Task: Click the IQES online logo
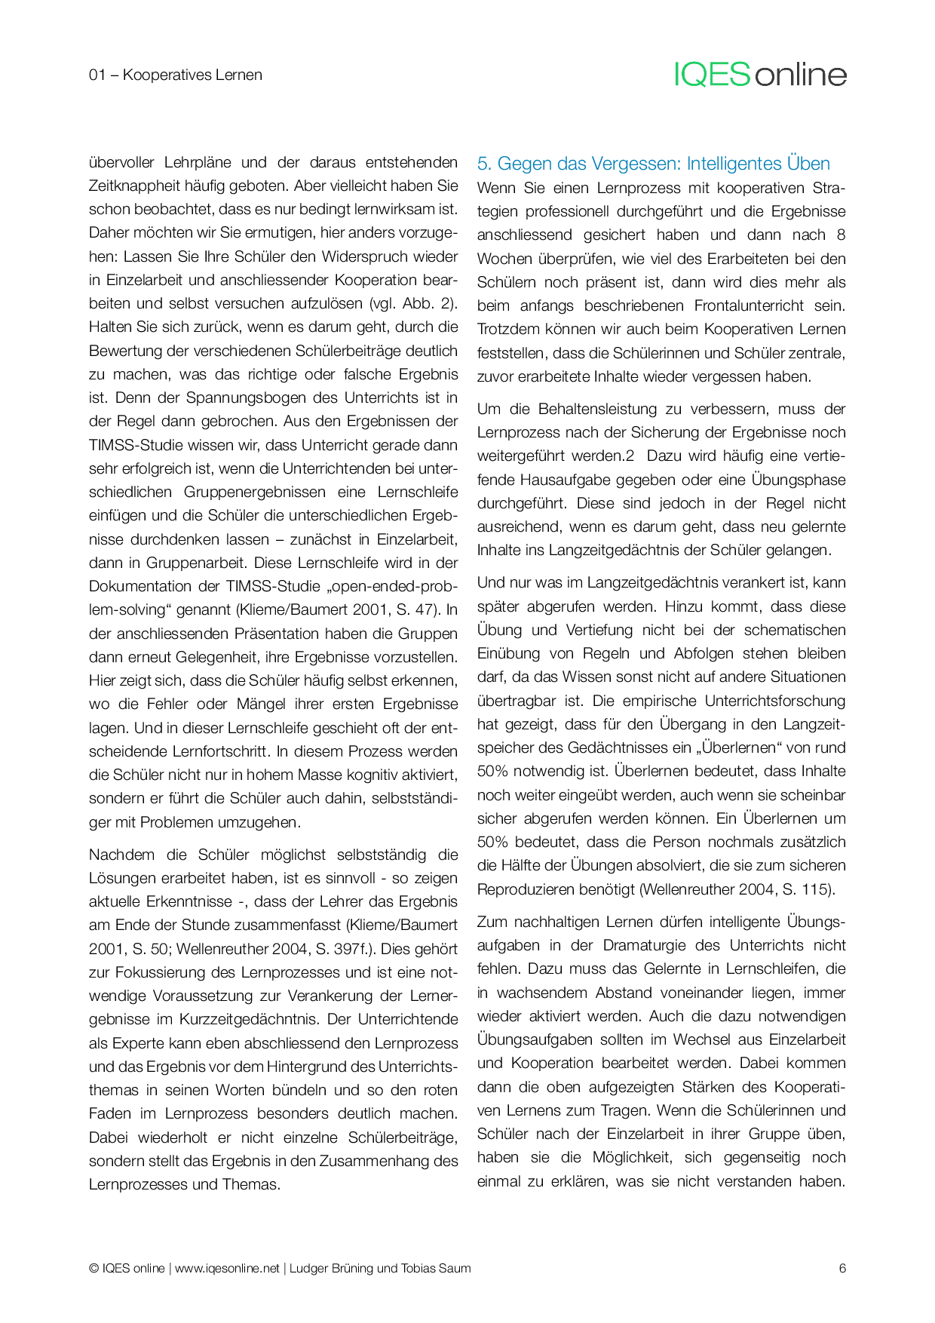760,75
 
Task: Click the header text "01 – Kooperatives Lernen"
176,75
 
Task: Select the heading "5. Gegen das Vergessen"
654,164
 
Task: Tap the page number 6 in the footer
842,1268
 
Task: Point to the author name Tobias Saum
440,1268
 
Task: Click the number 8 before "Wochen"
841,235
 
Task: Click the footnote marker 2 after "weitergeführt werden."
630,456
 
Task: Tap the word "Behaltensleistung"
597,409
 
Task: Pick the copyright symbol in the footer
93,1269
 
